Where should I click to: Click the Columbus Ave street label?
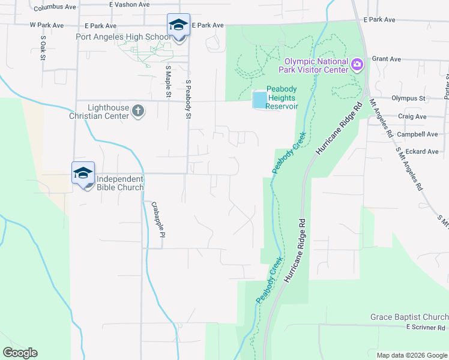click(55, 8)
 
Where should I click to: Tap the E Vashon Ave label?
click(130, 4)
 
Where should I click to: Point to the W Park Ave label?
click(46, 26)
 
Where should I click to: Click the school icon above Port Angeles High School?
click(178, 25)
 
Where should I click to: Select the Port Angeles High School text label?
click(123, 37)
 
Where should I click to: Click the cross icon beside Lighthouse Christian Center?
click(139, 110)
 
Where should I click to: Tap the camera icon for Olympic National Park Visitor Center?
click(357, 64)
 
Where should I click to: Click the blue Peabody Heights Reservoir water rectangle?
click(259, 100)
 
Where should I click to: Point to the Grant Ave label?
click(386, 59)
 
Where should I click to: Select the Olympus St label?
click(408, 98)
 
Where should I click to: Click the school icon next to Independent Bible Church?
click(83, 173)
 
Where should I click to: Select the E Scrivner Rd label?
click(426, 327)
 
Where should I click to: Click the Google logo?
click(20, 353)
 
